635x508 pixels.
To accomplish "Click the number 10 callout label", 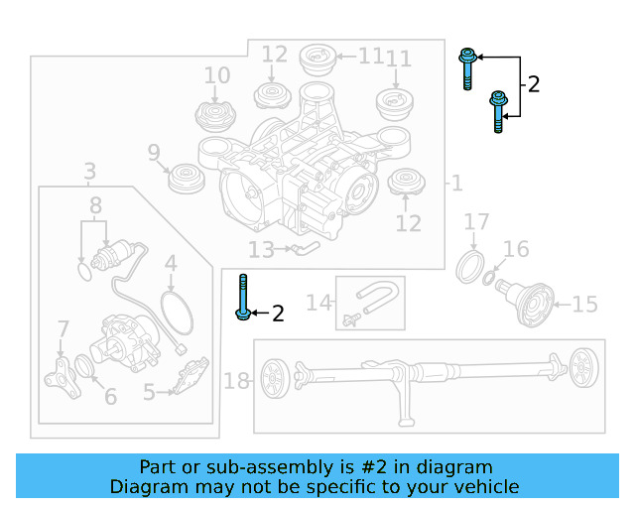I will (x=216, y=75).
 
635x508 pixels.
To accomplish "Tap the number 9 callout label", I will (x=154, y=153).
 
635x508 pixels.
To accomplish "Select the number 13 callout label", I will (x=261, y=250).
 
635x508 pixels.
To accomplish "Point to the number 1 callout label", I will (x=455, y=184).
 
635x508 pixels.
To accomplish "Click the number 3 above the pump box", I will (x=89, y=172).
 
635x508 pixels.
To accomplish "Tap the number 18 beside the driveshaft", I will (x=236, y=381).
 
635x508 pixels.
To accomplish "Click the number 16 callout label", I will (x=516, y=249).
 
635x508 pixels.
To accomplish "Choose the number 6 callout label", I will (x=110, y=397).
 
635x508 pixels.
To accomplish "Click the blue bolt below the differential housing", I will (x=243, y=299).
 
